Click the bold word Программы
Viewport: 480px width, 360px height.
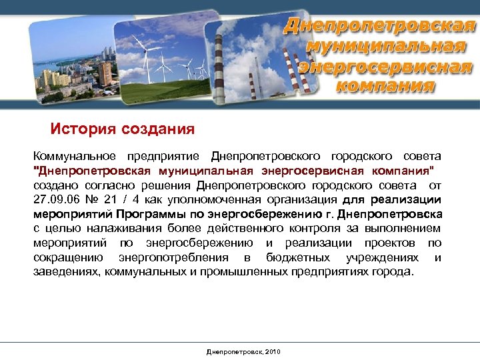(x=147, y=215)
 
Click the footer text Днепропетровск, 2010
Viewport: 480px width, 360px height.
(x=243, y=351)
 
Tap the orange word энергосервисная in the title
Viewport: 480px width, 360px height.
(x=386, y=67)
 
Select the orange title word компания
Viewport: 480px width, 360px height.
(x=386, y=85)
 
